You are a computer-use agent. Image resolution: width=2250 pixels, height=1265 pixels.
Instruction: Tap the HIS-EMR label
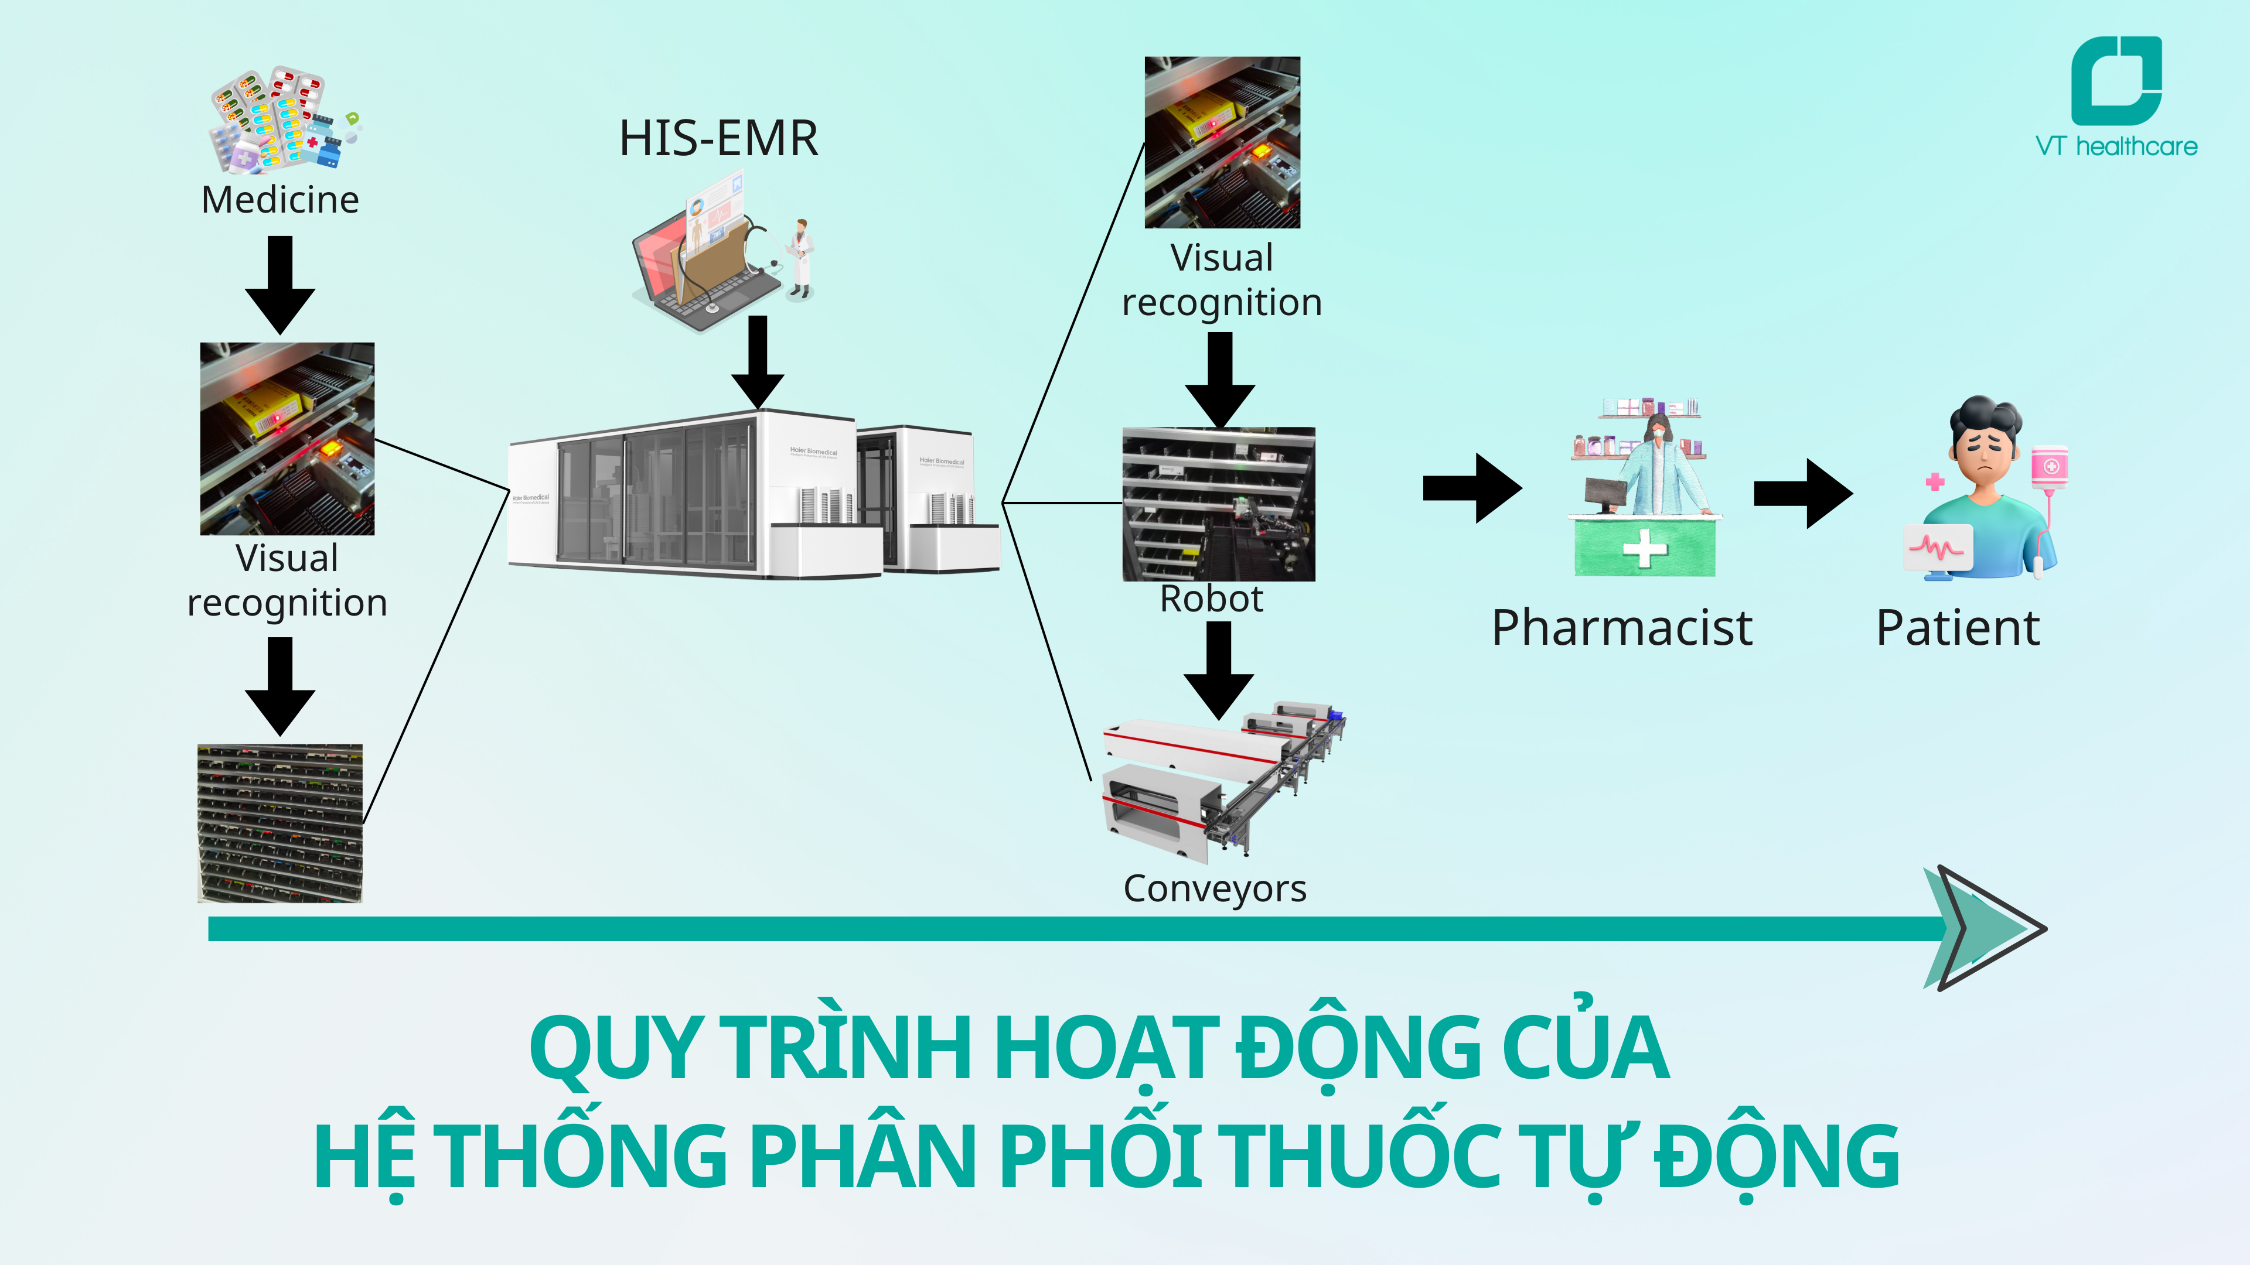click(x=718, y=139)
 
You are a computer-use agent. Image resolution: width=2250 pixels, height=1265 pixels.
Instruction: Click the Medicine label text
click(x=279, y=200)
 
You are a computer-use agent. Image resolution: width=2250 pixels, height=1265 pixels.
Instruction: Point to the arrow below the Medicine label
click(x=279, y=283)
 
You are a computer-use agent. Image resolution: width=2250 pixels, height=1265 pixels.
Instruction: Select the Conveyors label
click(x=1214, y=889)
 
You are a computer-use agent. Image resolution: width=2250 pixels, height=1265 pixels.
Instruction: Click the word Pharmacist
click(x=1621, y=628)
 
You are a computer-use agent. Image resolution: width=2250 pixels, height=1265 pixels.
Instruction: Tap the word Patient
click(x=1958, y=628)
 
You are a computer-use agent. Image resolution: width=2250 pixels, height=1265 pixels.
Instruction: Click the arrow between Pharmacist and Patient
click(x=1802, y=493)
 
